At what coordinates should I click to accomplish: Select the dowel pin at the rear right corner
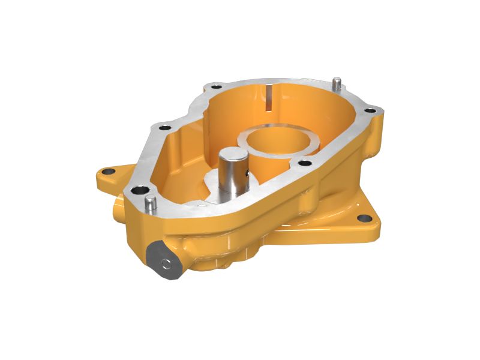[x=337, y=82]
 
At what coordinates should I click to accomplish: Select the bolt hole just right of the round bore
[x=305, y=163]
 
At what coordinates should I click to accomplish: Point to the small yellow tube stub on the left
[x=116, y=210]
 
